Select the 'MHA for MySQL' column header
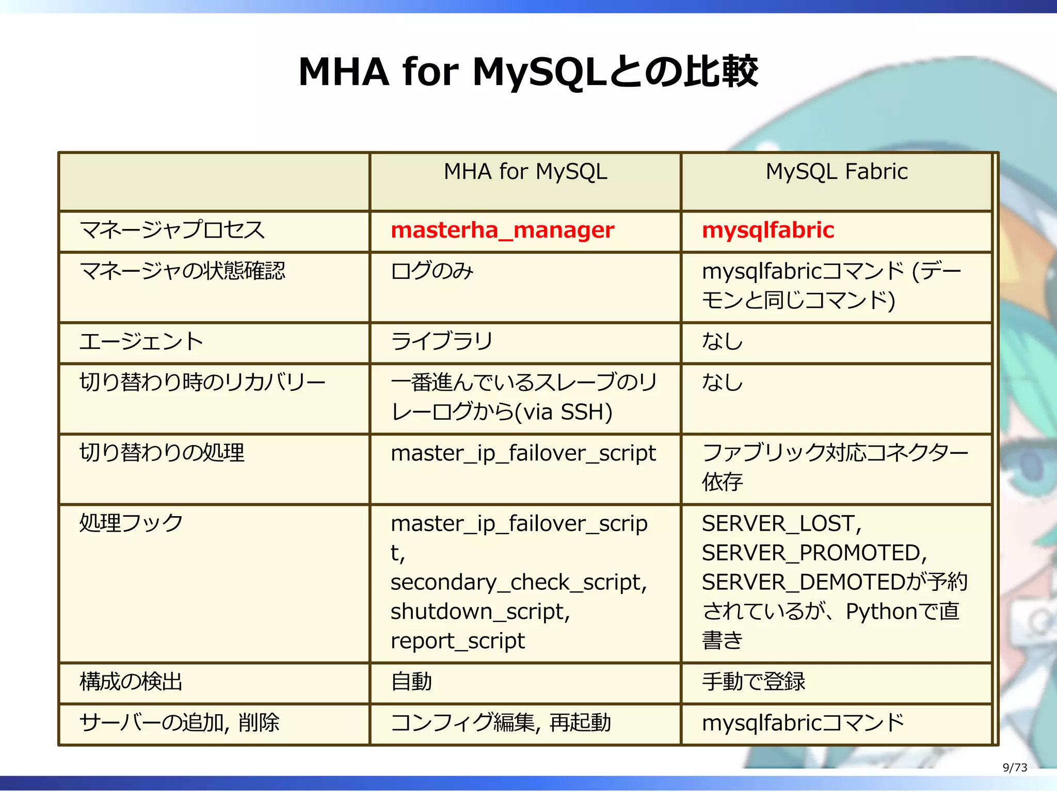(525, 172)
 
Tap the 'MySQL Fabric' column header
(836, 172)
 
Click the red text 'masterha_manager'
(502, 230)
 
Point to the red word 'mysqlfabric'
(767, 230)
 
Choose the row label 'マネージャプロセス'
(172, 230)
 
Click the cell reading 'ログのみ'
(432, 271)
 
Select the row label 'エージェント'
(141, 342)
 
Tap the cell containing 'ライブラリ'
(442, 342)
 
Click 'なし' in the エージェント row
(722, 342)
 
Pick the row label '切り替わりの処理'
(162, 453)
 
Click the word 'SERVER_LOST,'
(781, 524)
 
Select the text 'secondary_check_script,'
(518, 583)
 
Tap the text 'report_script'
(457, 641)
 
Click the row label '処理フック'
(131, 523)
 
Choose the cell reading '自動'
(411, 682)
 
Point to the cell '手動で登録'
(753, 682)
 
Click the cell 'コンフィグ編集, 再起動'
(501, 723)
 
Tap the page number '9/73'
(1015, 768)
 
